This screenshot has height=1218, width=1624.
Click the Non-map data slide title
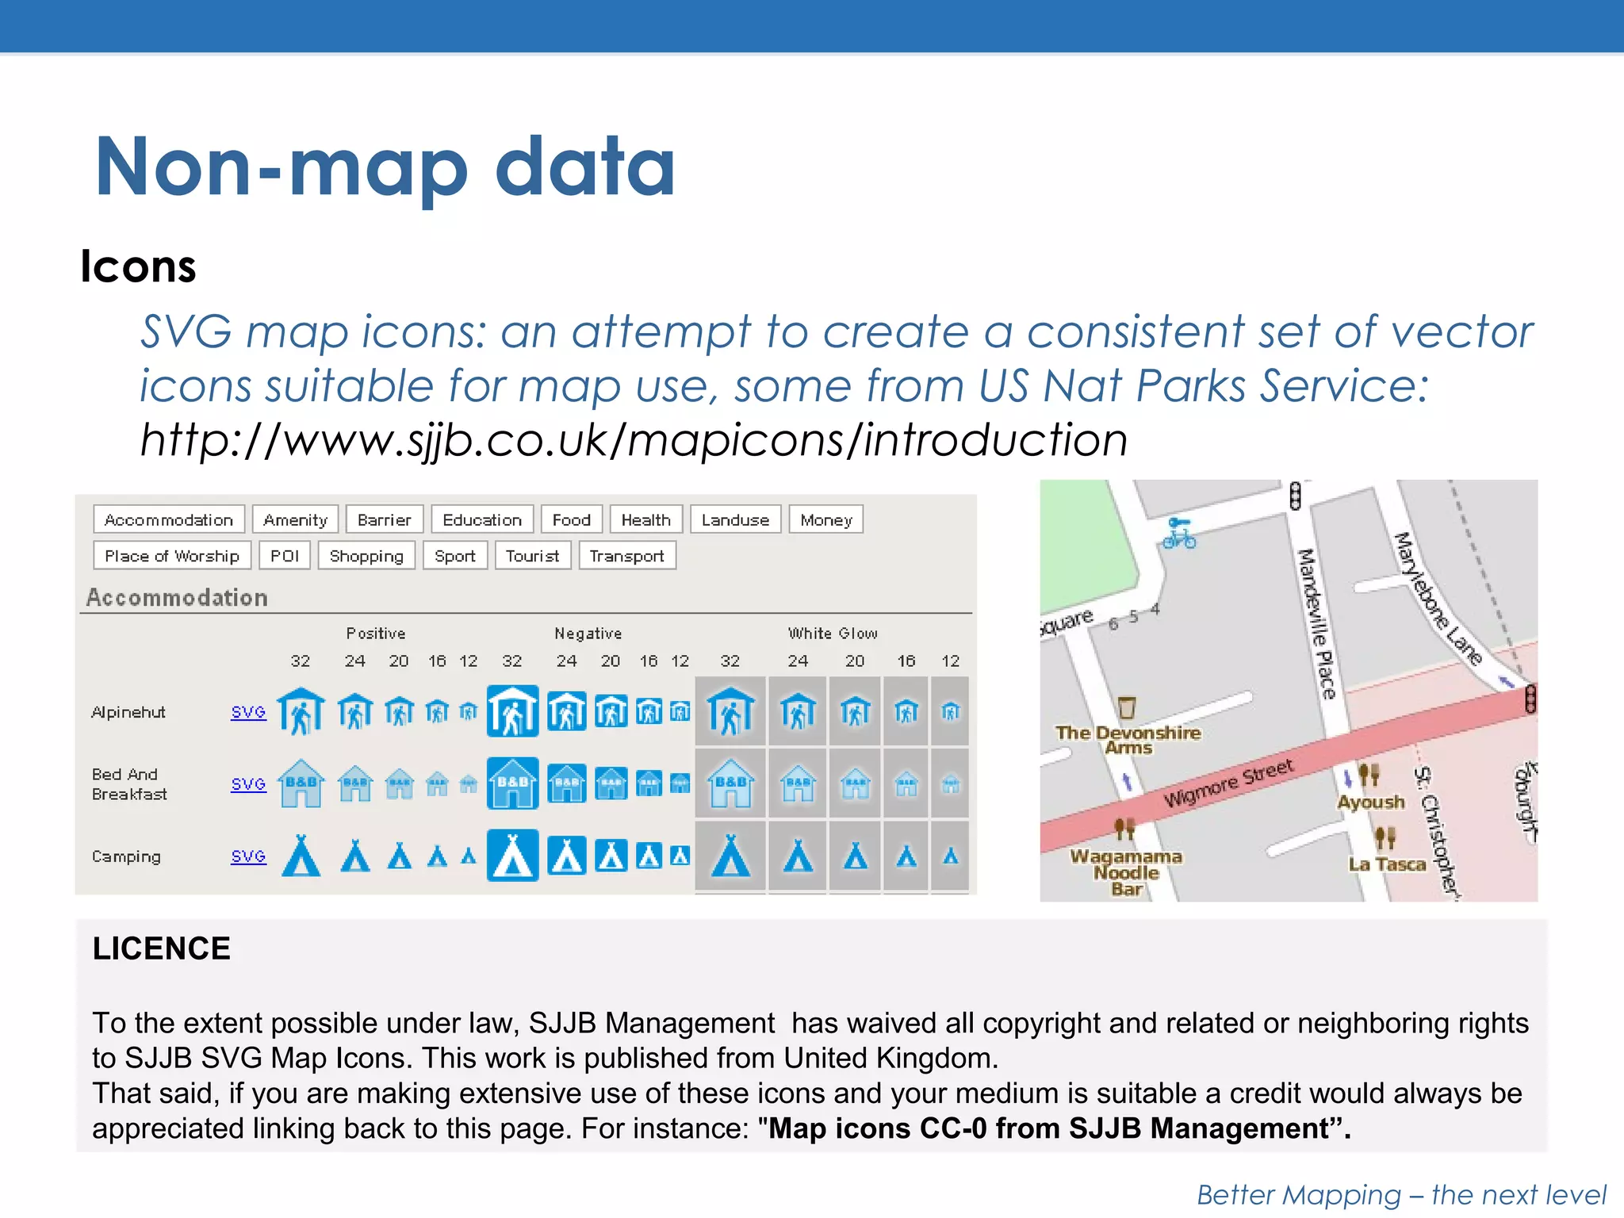(x=385, y=167)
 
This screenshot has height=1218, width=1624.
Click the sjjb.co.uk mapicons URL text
(x=633, y=440)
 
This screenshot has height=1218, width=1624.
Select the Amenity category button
(x=295, y=520)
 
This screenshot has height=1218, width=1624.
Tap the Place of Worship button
(x=171, y=556)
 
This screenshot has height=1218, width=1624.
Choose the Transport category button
(x=626, y=556)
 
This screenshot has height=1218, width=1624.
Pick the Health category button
(x=645, y=520)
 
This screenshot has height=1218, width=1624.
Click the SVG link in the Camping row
(x=248, y=856)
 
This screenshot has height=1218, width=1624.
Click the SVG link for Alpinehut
(x=248, y=712)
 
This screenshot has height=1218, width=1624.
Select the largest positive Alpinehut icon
(x=301, y=711)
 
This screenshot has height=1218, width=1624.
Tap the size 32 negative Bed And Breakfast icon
(x=512, y=783)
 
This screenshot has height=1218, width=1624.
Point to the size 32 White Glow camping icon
(x=730, y=856)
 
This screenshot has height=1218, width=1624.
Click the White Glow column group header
(x=833, y=634)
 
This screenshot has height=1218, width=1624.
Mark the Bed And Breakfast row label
(x=129, y=783)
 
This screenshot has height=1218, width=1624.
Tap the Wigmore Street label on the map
(x=1228, y=783)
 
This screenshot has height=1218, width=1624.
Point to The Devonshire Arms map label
(x=1128, y=739)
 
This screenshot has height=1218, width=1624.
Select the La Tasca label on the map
(x=1387, y=864)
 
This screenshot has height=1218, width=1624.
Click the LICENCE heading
(x=161, y=948)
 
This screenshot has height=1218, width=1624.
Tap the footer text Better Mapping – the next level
(x=1401, y=1194)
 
